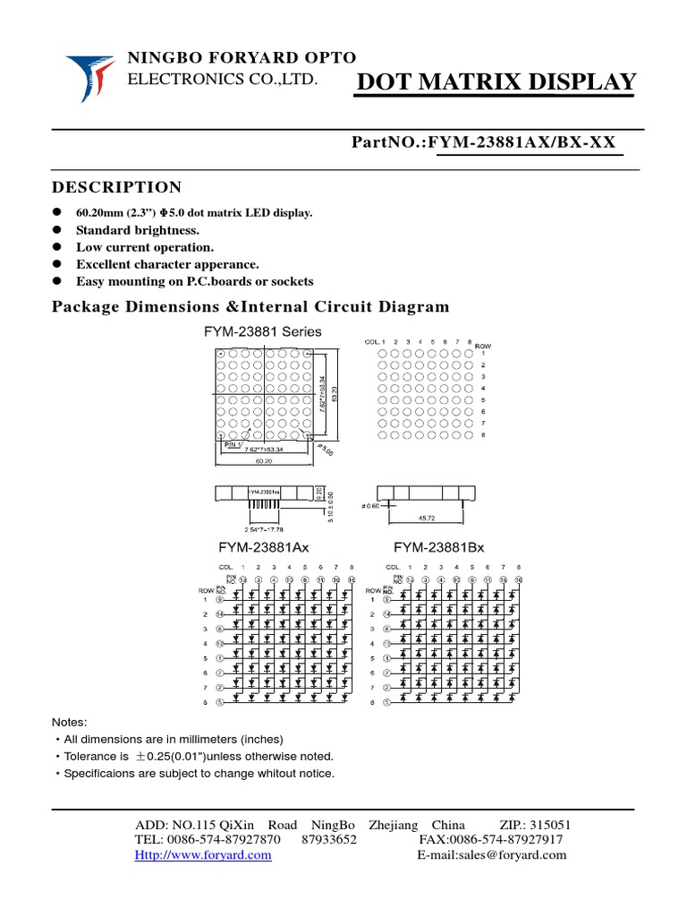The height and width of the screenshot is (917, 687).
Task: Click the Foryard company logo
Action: point(90,77)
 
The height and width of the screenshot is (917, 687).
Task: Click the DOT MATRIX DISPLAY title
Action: point(496,82)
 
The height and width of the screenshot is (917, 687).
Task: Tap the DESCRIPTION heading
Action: point(116,187)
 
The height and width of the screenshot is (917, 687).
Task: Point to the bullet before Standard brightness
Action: point(56,229)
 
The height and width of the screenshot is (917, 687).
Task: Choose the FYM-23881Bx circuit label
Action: point(439,547)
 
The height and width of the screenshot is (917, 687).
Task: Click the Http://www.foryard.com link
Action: point(203,855)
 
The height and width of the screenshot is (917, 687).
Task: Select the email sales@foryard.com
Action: point(492,855)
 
